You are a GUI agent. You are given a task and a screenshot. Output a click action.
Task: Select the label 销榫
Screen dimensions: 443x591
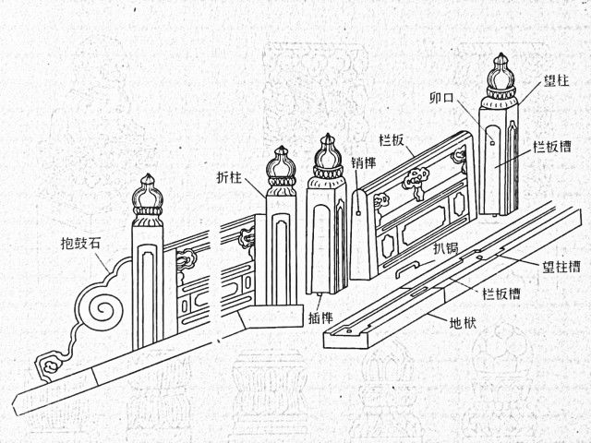tap(364, 162)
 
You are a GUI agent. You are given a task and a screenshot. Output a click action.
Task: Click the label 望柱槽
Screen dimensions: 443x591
tap(561, 268)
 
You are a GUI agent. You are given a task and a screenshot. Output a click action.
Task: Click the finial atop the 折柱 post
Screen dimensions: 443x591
tap(280, 169)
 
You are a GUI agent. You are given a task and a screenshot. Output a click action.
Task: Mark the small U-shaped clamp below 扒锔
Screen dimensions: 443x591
tap(409, 269)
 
